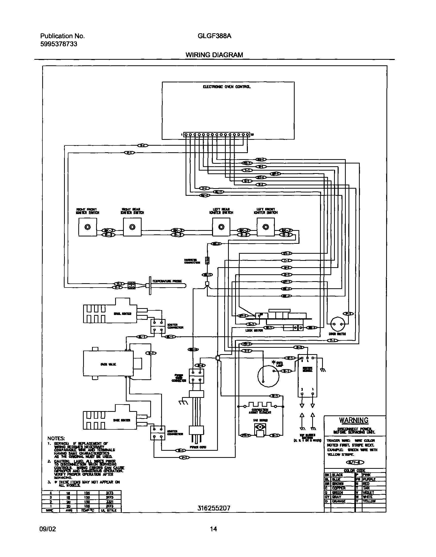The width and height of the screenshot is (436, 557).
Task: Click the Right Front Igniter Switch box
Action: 87,227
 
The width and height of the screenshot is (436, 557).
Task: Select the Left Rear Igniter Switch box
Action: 221,227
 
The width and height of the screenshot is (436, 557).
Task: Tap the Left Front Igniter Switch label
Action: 266,211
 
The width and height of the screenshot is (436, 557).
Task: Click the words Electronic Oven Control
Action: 227,87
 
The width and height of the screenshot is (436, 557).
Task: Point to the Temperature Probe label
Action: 167,281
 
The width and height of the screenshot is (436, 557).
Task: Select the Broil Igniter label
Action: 123,314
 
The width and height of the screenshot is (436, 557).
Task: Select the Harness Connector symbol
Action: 207,260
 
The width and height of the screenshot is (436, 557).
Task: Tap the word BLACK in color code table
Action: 337,475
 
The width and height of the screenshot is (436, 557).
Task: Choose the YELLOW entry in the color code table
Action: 369,501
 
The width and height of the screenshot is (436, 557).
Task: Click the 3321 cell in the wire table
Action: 110,502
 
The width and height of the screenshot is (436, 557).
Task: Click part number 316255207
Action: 214,508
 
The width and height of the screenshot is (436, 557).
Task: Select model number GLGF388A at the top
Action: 214,36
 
